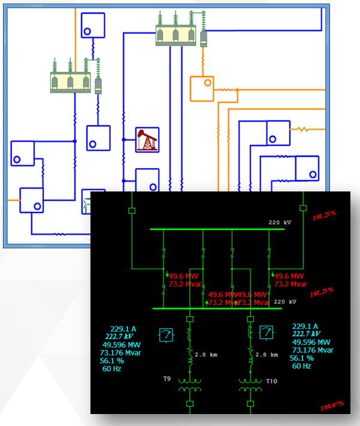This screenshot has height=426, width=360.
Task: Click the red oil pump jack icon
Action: (x=147, y=140)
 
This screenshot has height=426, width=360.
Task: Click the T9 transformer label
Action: (x=167, y=379)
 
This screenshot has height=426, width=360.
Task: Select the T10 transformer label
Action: (x=272, y=381)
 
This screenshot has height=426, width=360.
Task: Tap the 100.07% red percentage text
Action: (x=332, y=406)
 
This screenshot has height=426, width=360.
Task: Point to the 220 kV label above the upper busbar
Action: (x=280, y=223)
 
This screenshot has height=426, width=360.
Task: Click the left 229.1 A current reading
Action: (x=123, y=328)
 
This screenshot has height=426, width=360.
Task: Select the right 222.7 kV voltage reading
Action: (x=306, y=334)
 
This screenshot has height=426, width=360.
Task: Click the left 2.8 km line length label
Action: (x=206, y=355)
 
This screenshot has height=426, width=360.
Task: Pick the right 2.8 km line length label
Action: (x=267, y=355)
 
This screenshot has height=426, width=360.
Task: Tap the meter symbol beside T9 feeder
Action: (x=165, y=334)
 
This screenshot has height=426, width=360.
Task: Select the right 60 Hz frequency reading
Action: (x=301, y=366)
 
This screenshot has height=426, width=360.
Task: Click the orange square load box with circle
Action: (x=202, y=88)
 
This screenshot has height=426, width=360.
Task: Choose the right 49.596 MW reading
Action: (x=310, y=342)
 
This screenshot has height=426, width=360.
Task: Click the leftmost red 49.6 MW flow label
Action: (x=184, y=276)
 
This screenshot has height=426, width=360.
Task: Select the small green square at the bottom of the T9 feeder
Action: (x=190, y=404)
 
